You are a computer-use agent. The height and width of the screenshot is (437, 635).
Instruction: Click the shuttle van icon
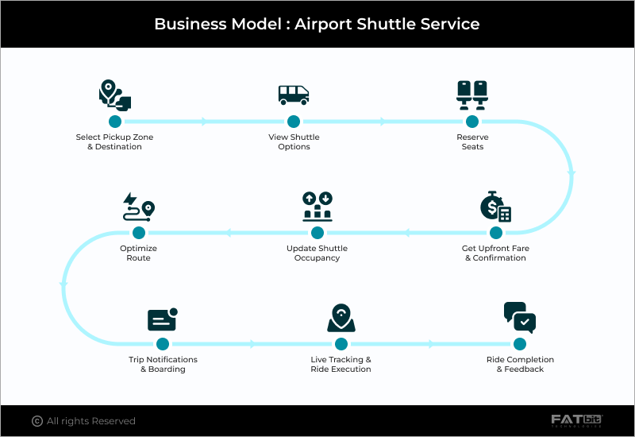pyautogui.click(x=293, y=95)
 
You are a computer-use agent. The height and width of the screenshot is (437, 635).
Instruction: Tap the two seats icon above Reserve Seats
pyautogui.click(x=472, y=95)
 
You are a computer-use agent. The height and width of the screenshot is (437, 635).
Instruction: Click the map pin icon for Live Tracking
pyautogui.click(x=341, y=318)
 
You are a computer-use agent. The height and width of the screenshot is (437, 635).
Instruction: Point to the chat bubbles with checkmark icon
pyautogui.click(x=520, y=318)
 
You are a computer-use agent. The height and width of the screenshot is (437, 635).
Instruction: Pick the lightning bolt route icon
pyautogui.click(x=138, y=207)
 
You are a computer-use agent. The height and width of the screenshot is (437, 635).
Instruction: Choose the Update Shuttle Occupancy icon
pyautogui.click(x=317, y=207)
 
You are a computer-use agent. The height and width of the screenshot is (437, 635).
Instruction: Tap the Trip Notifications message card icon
pyautogui.click(x=162, y=319)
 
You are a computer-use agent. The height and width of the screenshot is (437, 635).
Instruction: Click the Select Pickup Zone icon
pyautogui.click(x=114, y=95)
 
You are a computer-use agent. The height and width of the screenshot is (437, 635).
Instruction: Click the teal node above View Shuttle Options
pyautogui.click(x=294, y=122)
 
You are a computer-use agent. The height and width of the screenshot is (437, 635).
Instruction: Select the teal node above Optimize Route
pyautogui.click(x=139, y=233)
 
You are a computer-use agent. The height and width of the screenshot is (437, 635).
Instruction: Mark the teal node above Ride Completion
pyautogui.click(x=520, y=344)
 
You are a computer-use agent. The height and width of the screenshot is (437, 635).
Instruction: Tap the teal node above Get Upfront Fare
pyautogui.click(x=496, y=233)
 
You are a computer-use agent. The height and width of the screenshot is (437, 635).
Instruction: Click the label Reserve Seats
pyautogui.click(x=472, y=142)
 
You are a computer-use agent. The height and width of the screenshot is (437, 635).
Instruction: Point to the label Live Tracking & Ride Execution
pyautogui.click(x=341, y=364)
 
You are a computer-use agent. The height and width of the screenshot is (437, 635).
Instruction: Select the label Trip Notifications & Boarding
pyautogui.click(x=163, y=364)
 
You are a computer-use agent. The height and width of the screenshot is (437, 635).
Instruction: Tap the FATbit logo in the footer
pyautogui.click(x=577, y=420)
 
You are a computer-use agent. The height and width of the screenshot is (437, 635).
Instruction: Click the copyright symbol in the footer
pyautogui.click(x=37, y=421)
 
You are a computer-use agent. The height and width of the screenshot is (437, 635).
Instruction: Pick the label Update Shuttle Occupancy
pyautogui.click(x=317, y=253)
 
